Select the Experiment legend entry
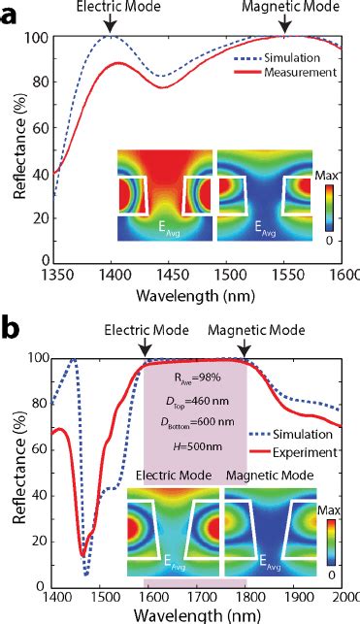pyautogui.click(x=309, y=451)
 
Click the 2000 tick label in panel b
pyautogui.click(x=346, y=599)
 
